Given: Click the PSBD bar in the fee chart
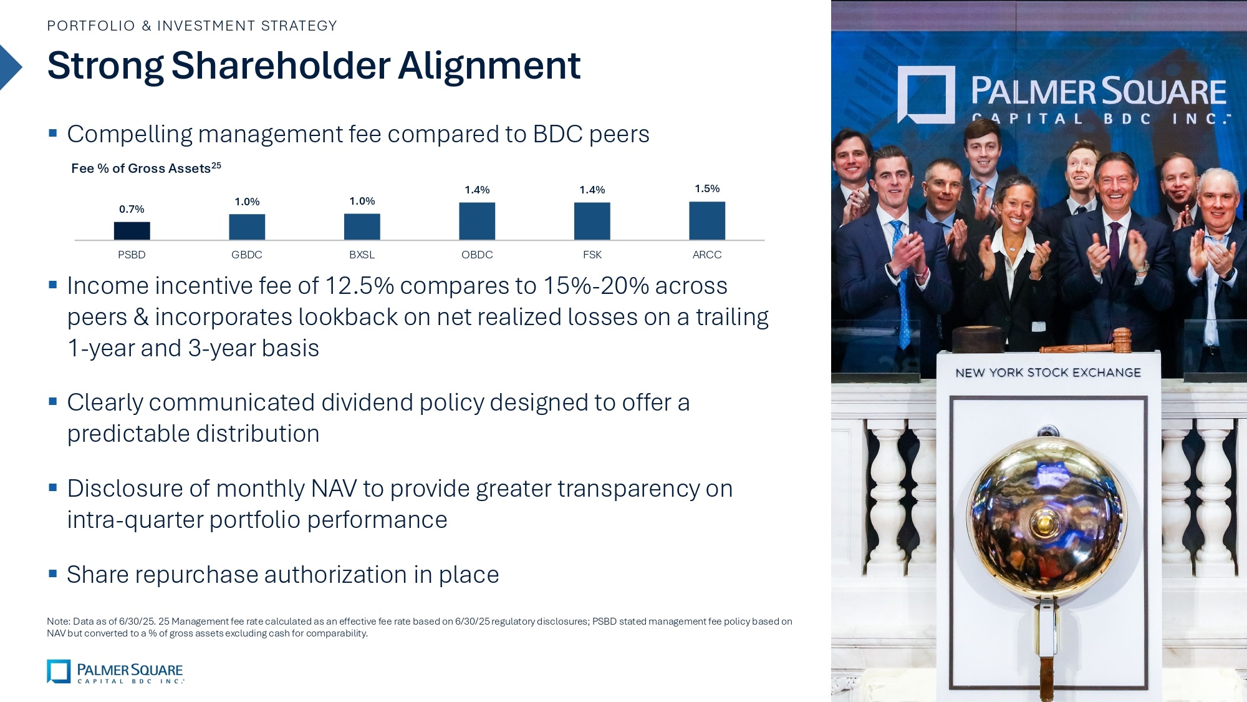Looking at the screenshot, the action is pyautogui.click(x=132, y=230).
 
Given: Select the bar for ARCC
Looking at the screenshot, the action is pyautogui.click(x=707, y=220).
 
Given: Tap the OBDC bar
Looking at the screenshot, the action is pyautogui.click(x=477, y=221).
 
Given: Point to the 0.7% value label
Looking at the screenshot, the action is pyautogui.click(x=132, y=209).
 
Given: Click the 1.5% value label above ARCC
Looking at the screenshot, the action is pyautogui.click(x=707, y=188).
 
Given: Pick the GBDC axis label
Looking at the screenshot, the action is pyautogui.click(x=247, y=255).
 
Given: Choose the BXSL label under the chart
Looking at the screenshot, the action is pyautogui.click(x=362, y=255).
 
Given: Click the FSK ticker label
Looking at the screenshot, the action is pyautogui.click(x=592, y=255).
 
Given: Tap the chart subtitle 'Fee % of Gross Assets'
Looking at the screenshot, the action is pyautogui.click(x=141, y=168).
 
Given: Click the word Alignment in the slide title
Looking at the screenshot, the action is pyautogui.click(x=489, y=66).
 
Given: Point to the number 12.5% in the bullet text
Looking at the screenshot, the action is pyautogui.click(x=360, y=286).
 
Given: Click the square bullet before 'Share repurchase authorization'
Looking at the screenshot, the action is pyautogui.click(x=53, y=573).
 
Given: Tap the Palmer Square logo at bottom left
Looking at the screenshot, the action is pyautogui.click(x=115, y=671).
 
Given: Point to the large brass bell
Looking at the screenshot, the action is pyautogui.click(x=1047, y=518).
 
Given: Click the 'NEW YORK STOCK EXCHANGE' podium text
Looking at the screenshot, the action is pyautogui.click(x=1048, y=373).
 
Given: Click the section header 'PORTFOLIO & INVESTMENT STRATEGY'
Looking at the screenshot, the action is pyautogui.click(x=192, y=26).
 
